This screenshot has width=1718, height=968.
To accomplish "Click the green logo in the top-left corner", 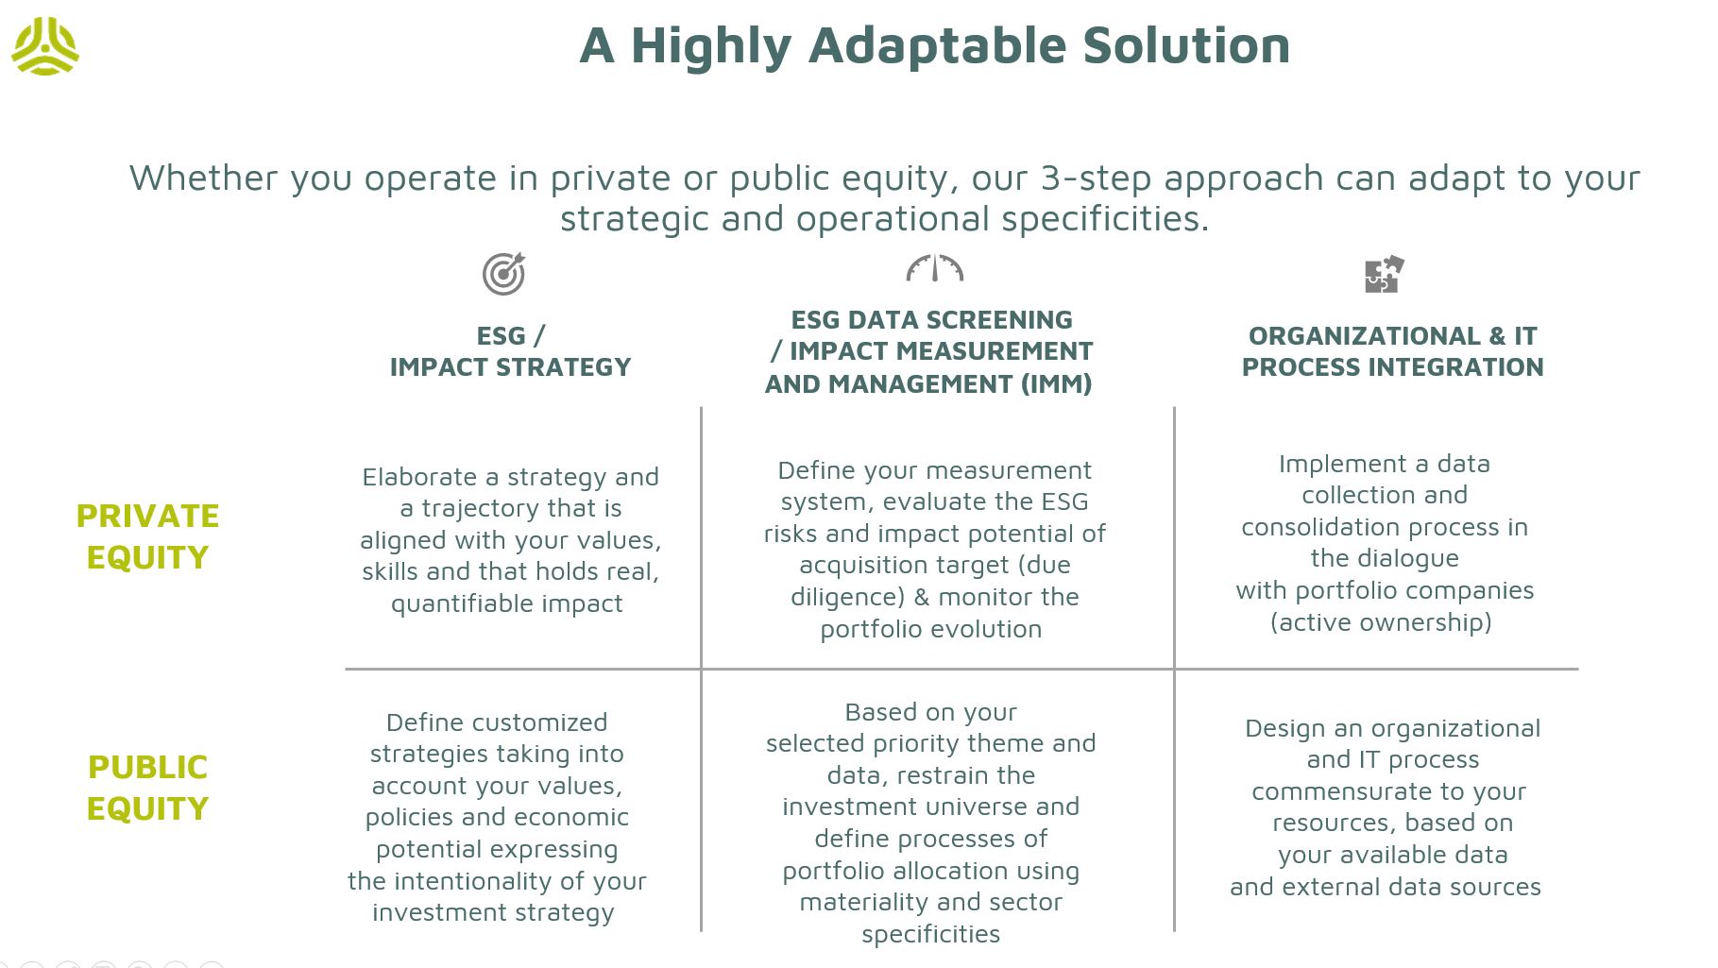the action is click(44, 45).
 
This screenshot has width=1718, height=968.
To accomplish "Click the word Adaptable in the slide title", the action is click(937, 46).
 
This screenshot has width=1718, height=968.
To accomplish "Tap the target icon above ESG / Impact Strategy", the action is click(504, 274).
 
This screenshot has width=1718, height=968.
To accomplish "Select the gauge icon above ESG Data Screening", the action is click(934, 268).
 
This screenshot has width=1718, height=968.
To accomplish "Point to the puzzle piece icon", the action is click(1385, 274).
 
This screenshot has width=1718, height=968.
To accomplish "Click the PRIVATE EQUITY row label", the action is click(147, 536).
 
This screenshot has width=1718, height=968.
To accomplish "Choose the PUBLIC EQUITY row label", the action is click(147, 788).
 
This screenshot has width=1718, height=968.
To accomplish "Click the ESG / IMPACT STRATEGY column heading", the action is click(510, 351).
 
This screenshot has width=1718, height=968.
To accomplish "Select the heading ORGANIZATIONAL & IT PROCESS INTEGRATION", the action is click(1392, 351).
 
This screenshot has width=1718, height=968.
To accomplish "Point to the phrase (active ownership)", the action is click(1381, 622).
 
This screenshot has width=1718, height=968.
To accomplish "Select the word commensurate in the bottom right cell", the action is click(1328, 792).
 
